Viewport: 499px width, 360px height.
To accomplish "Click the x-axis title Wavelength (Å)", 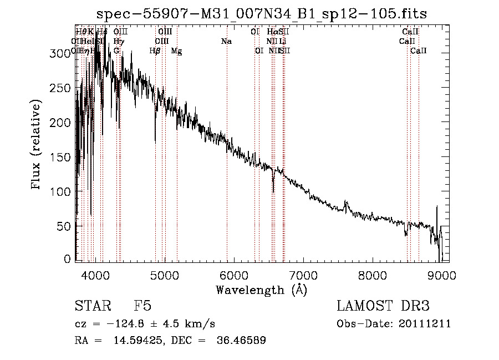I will (x=261, y=290).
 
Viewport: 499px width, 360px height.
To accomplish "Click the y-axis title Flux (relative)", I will (x=37, y=146).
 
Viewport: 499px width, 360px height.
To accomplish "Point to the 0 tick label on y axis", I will (x=67, y=260).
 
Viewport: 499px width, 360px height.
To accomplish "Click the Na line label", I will (x=226, y=41).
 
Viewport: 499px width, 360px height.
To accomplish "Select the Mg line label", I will (x=176, y=51).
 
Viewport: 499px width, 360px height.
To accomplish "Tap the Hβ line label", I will (x=155, y=51).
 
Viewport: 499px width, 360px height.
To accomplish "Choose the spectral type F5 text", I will (x=142, y=307).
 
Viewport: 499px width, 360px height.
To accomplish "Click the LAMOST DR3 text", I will (x=383, y=307).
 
